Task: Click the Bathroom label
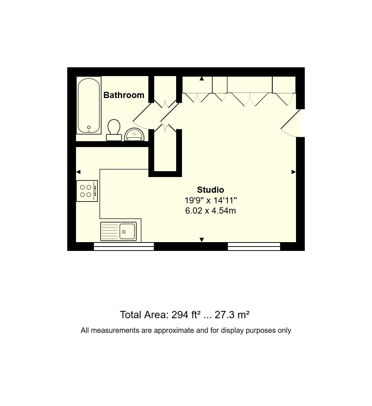[124, 95]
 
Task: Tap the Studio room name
[210, 190]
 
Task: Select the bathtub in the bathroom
[89, 105]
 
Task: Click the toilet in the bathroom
[114, 130]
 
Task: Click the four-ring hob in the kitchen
[87, 191]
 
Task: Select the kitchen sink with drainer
[118, 232]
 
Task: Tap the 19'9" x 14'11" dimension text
[210, 200]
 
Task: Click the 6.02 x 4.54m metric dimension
[210, 211]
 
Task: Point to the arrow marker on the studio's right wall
[293, 172]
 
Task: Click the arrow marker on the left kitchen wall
[79, 172]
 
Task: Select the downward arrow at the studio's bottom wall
[201, 240]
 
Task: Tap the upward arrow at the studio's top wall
[201, 78]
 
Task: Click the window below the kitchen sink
[124, 247]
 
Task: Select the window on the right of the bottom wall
[254, 247]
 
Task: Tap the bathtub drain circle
[89, 127]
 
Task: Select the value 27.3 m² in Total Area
[232, 315]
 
